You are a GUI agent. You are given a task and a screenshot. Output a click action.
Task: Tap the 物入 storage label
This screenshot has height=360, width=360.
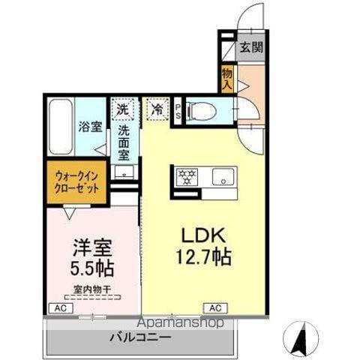click(x=226, y=78)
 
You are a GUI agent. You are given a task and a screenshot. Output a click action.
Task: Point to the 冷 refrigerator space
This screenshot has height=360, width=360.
click(x=157, y=109)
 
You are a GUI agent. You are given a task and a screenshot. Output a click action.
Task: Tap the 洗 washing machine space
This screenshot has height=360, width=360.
click(x=121, y=109)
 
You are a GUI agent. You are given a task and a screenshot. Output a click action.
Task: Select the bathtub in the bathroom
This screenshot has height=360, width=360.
click(x=60, y=127)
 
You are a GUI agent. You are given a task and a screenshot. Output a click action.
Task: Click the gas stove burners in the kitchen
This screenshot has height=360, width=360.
click(x=187, y=178)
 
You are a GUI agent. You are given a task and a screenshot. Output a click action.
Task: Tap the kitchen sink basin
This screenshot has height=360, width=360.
click(x=222, y=178)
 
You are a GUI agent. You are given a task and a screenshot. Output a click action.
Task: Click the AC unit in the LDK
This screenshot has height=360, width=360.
click(x=215, y=307)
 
